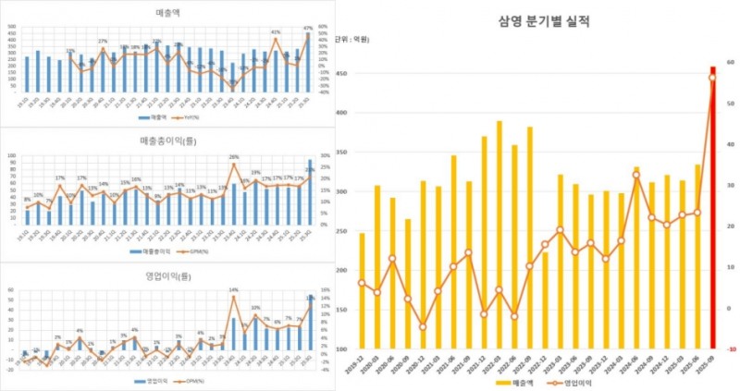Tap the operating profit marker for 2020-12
[x=423, y=326]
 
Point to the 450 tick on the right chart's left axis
[x=342, y=74]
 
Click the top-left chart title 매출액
[x=168, y=13]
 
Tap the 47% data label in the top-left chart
[x=308, y=29]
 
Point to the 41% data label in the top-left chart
[x=275, y=32]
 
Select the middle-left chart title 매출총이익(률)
[x=168, y=141]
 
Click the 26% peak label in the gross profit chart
[x=234, y=157]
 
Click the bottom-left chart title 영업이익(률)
[x=168, y=274]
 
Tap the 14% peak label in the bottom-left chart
[x=234, y=290]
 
